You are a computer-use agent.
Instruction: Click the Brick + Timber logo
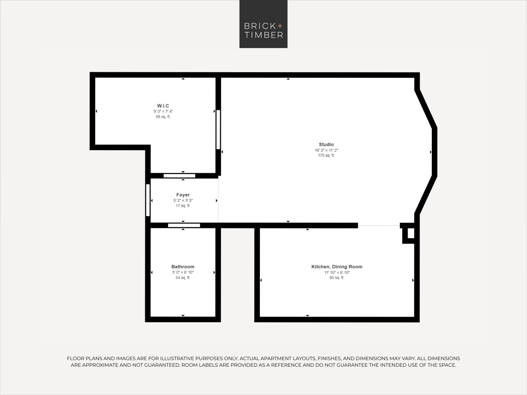pos(263,24)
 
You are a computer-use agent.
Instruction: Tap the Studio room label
pos(326,145)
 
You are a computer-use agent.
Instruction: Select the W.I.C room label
pos(163,106)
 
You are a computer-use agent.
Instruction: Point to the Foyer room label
pos(183,195)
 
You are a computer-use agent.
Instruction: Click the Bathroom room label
pos(183,267)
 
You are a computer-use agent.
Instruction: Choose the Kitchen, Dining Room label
pos(337,267)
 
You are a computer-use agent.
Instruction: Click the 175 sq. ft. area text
pos(326,155)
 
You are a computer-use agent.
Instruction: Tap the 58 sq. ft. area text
pos(163,117)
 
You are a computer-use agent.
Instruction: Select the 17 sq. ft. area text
pos(183,206)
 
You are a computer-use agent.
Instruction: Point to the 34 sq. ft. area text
pos(183,278)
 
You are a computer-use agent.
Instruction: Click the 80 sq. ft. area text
pos(337,278)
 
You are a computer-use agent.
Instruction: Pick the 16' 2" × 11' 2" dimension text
pos(326,150)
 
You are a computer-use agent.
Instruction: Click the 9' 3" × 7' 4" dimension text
pos(163,112)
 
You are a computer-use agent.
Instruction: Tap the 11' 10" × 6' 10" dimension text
pos(337,273)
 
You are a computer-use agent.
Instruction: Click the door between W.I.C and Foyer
pos(180,176)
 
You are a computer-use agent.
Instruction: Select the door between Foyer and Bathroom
pos(184,225)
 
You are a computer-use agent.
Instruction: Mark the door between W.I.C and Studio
pos(218,129)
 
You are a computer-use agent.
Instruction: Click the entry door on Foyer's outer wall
pos(148,200)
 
